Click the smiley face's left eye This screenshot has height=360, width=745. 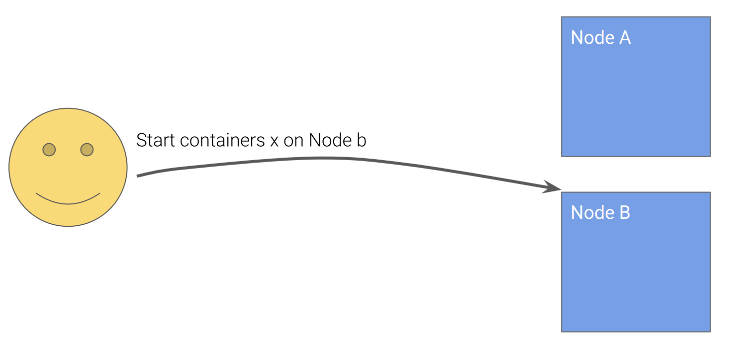click(x=49, y=149)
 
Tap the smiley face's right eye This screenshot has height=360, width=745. click(x=87, y=149)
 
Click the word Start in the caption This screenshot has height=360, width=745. click(x=156, y=140)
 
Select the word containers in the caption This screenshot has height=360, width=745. click(x=222, y=140)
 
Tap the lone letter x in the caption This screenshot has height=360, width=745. click(x=274, y=141)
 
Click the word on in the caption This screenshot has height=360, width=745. click(x=294, y=141)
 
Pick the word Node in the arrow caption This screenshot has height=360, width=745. click(x=330, y=140)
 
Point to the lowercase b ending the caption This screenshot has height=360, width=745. click(x=362, y=140)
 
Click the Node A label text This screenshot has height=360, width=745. click(x=600, y=38)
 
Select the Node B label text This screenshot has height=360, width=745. click(x=600, y=213)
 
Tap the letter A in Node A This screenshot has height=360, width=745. click(x=625, y=38)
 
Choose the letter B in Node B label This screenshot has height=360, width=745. click(x=625, y=213)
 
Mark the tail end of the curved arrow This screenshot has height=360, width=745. click(x=139, y=176)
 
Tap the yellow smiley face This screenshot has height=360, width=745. click(x=68, y=167)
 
